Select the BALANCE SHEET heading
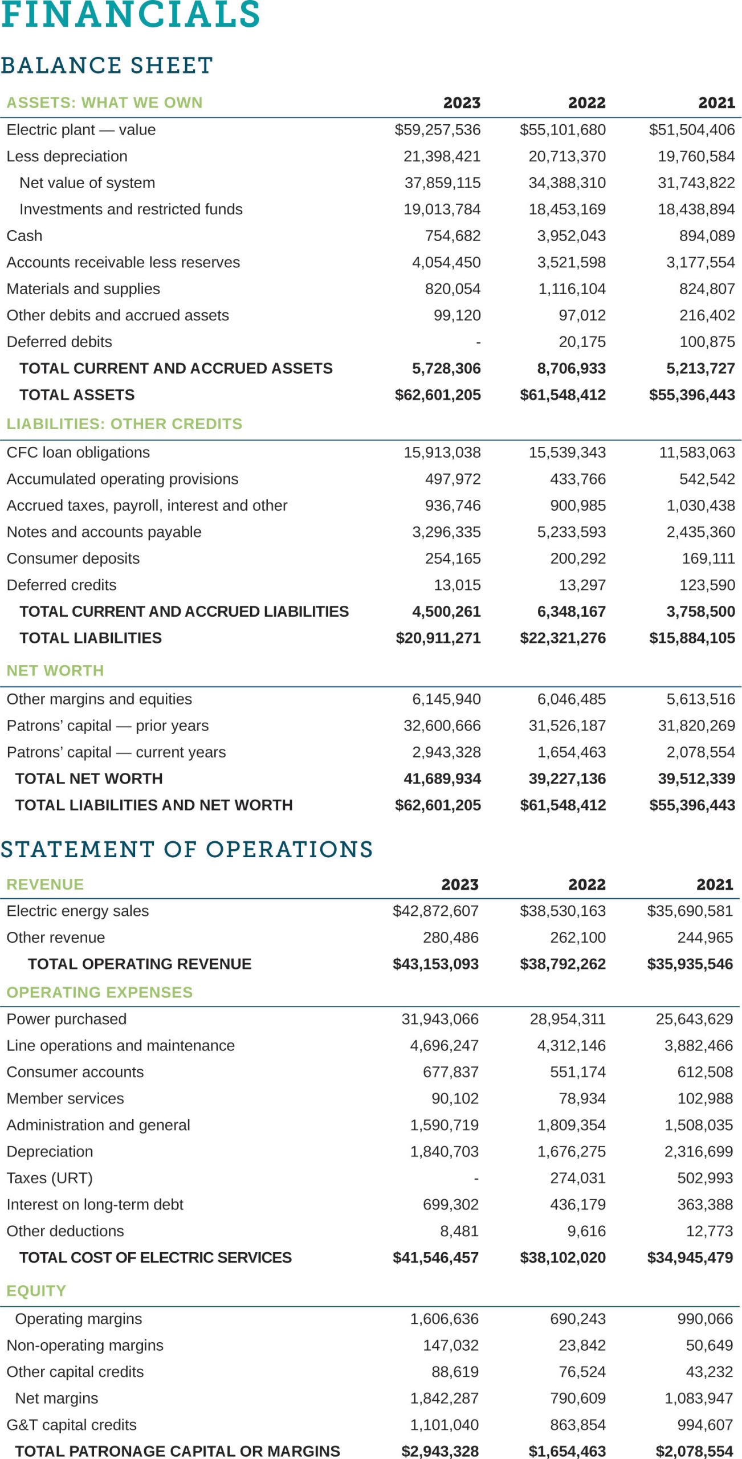[x=107, y=66]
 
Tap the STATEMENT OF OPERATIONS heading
[x=186, y=849]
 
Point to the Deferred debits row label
[x=59, y=342]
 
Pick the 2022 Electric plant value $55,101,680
[x=562, y=130]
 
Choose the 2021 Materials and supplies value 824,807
[x=707, y=289]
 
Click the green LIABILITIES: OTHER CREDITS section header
[x=124, y=424]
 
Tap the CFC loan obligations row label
[x=78, y=453]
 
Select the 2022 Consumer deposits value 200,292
[x=578, y=559]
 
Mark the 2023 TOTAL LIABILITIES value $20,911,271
[x=438, y=638]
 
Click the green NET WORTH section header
[x=55, y=671]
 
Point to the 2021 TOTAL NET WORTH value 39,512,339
[x=696, y=779]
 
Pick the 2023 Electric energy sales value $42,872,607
[x=435, y=911]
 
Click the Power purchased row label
[x=67, y=1019]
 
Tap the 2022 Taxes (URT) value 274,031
[x=578, y=1178]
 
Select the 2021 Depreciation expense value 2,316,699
[x=699, y=1152]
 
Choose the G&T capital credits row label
[x=72, y=1425]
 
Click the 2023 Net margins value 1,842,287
[x=445, y=1398]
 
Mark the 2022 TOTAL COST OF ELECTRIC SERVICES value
[x=562, y=1258]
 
